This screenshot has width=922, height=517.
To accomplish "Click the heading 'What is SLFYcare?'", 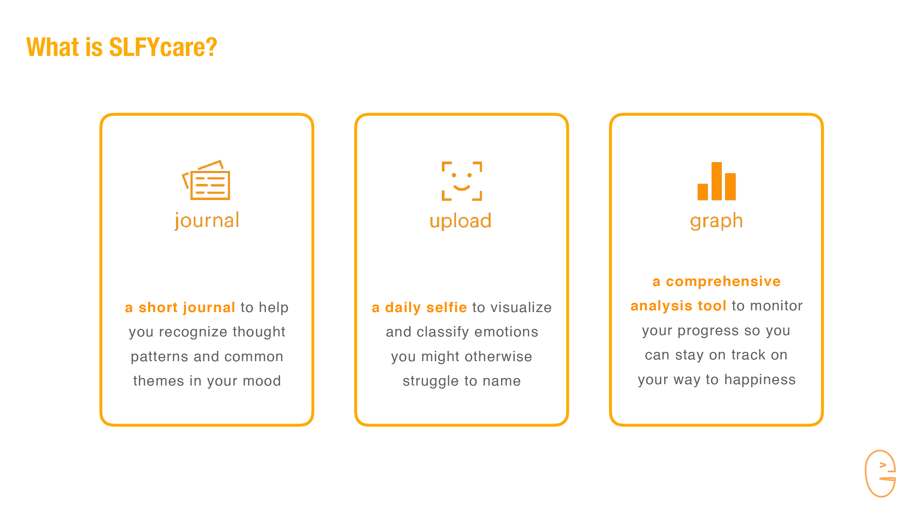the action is pos(122,47).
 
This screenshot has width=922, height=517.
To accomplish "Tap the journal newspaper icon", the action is pos(206,180).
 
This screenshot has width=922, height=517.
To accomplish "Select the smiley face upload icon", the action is pos(462,181).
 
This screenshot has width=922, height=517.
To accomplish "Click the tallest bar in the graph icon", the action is pos(716,181).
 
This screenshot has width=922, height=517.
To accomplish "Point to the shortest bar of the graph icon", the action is pos(703,192).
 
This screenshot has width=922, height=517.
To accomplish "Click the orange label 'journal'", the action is pos(207,220).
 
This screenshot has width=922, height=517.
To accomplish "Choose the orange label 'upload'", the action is pos(461,221).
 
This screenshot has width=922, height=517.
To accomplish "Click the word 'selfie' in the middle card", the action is pos(446,307).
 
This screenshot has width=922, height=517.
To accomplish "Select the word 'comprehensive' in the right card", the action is pos(723,282).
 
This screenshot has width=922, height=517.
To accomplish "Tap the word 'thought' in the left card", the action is pos(259,332).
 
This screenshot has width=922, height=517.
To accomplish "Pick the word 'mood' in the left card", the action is pos(262,381).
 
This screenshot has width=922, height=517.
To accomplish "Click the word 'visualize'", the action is pos(521,307).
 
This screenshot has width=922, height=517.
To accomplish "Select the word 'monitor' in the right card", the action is pos(776,306).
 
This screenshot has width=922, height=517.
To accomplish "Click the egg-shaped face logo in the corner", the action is pos(880,473).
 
